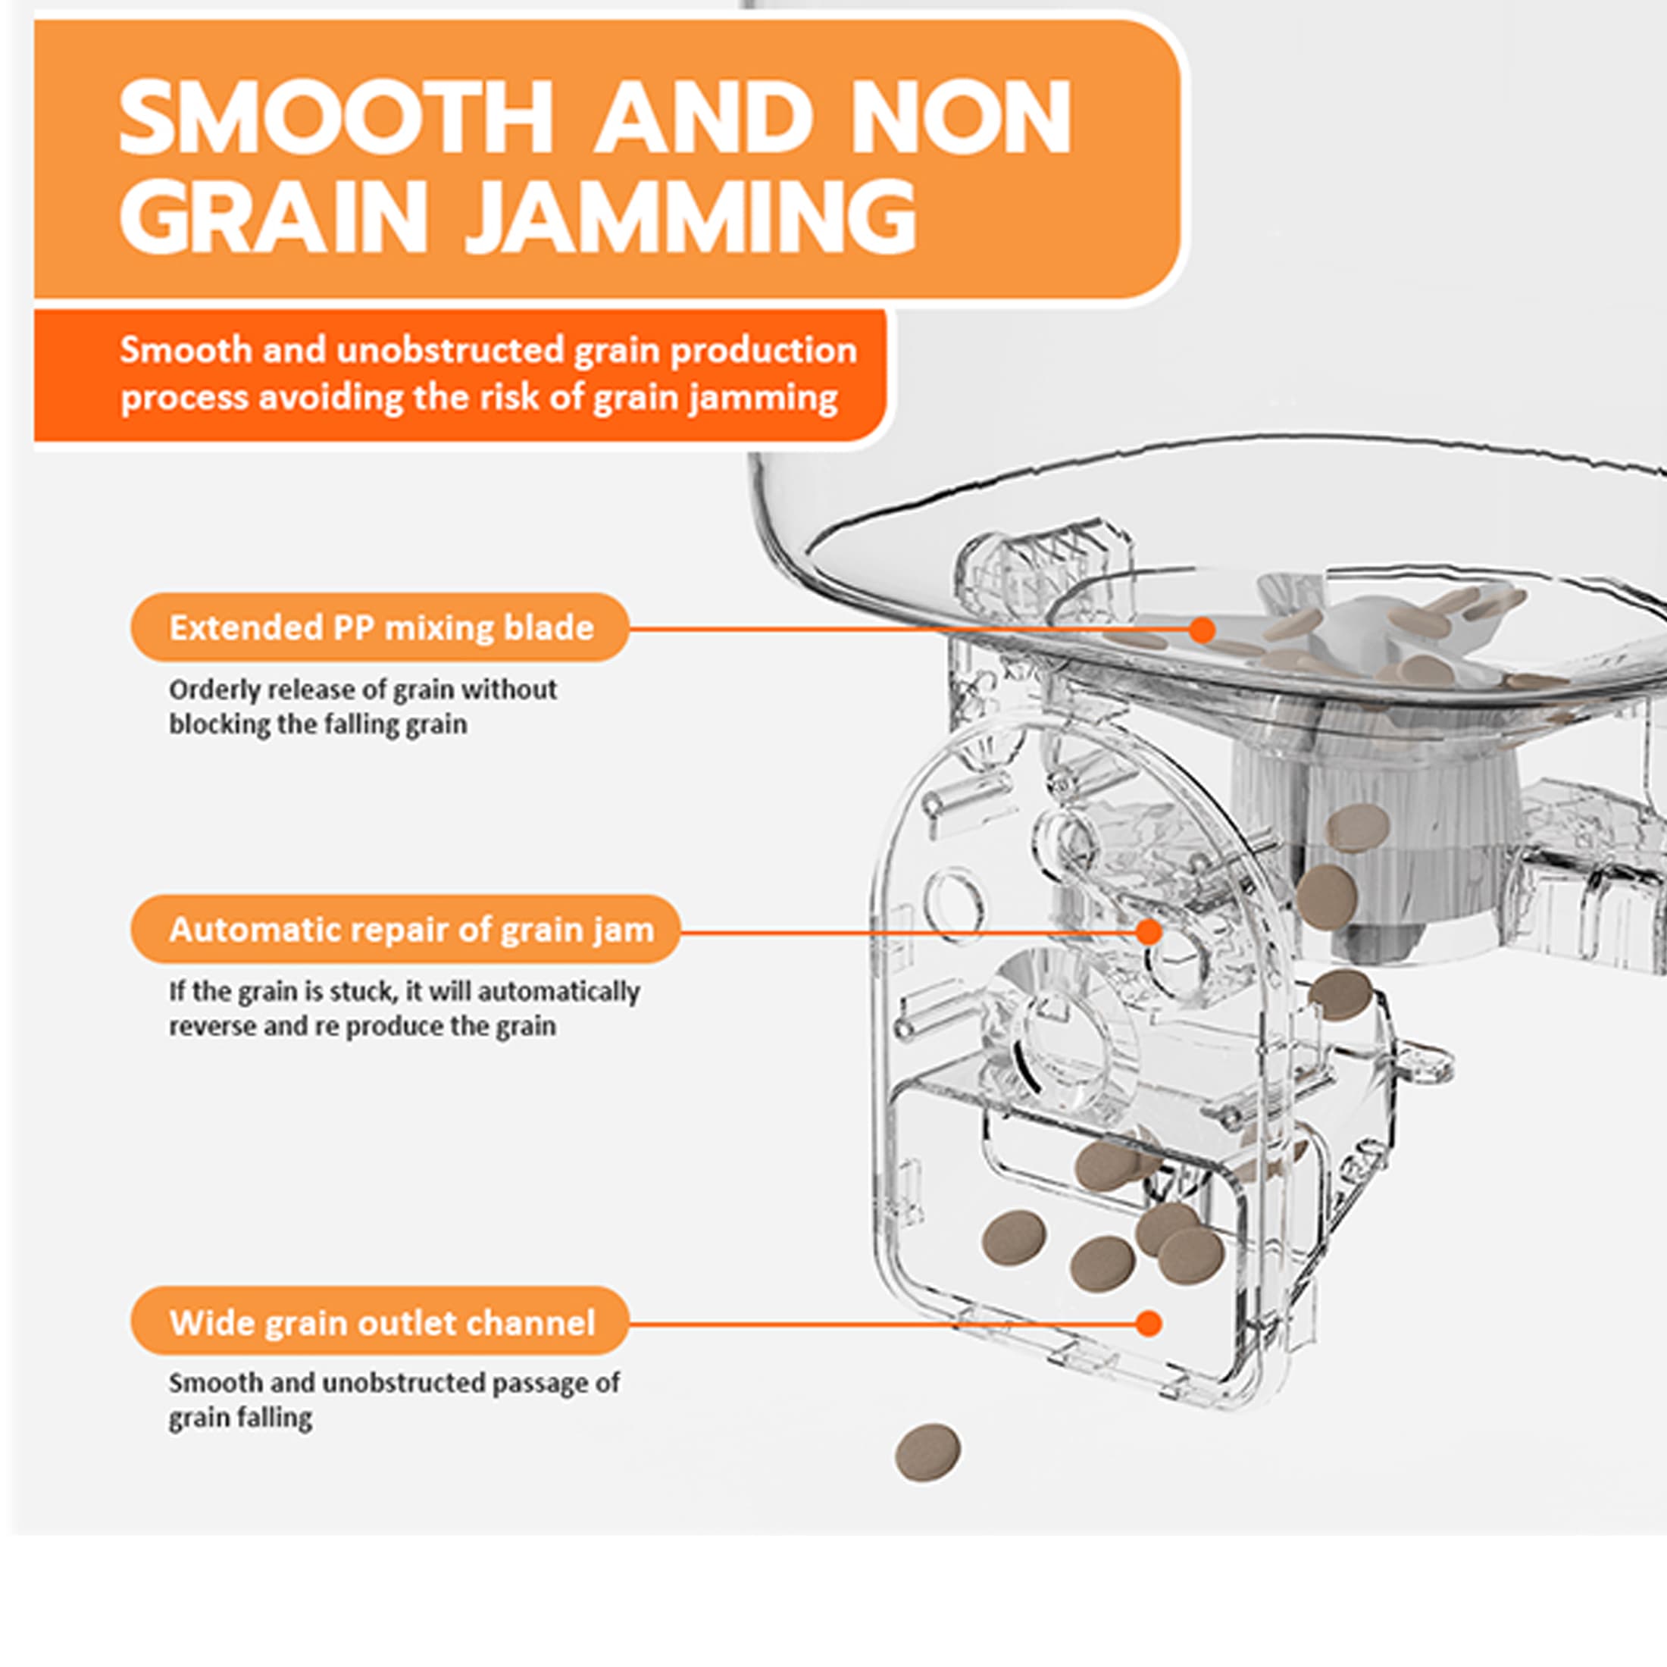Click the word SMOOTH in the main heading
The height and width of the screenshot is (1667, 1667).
pos(336,117)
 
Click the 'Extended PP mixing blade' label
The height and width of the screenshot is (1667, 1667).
pos(380,627)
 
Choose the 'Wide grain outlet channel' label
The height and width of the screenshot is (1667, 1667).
pos(380,1323)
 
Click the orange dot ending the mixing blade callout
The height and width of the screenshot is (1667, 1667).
pos(1202,630)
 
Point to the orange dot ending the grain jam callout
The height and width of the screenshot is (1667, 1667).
pos(1149,932)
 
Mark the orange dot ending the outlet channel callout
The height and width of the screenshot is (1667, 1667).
pos(1149,1324)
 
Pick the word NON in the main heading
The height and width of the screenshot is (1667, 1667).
pos(960,117)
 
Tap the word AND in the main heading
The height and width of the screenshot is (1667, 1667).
pos(703,117)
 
